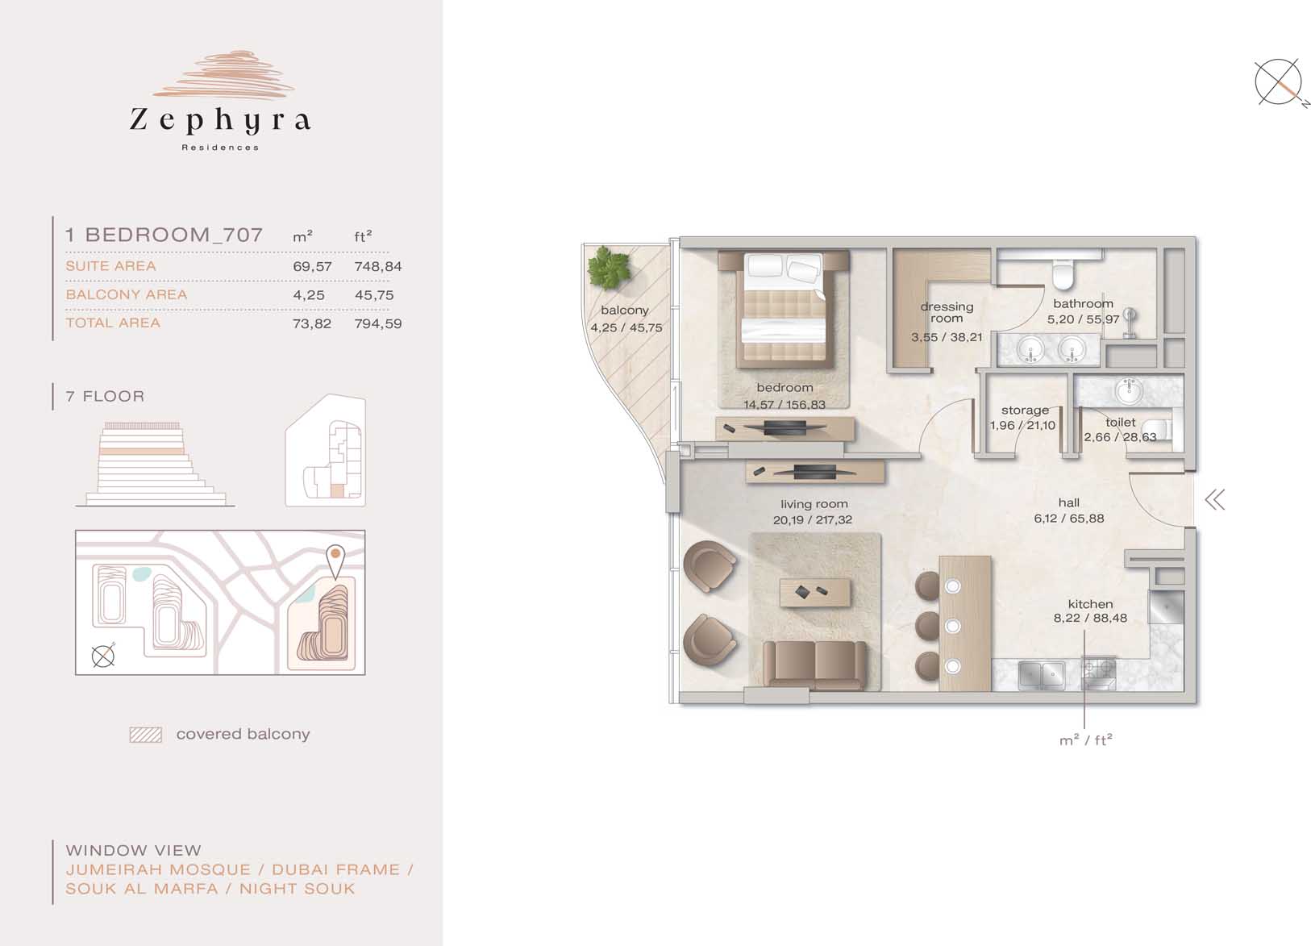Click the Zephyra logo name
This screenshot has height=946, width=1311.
coord(220,121)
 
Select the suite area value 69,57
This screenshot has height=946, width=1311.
coord(312,267)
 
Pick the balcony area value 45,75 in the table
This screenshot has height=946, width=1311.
coord(374,296)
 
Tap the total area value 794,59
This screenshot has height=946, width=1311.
coord(377,323)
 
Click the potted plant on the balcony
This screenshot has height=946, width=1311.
coord(609,269)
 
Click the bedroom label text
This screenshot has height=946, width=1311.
coord(785,388)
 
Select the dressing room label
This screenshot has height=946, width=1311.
coord(947,313)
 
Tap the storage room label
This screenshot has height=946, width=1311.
coord(1025,410)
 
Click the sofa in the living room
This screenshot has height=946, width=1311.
coord(815,665)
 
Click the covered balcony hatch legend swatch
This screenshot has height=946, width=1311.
coord(146,735)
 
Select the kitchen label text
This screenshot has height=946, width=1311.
coord(1090,604)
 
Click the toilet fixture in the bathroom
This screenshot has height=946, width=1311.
coord(1063,274)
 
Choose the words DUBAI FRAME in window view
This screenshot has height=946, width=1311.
coord(336,870)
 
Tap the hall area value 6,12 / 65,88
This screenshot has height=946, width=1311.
coord(1068,518)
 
